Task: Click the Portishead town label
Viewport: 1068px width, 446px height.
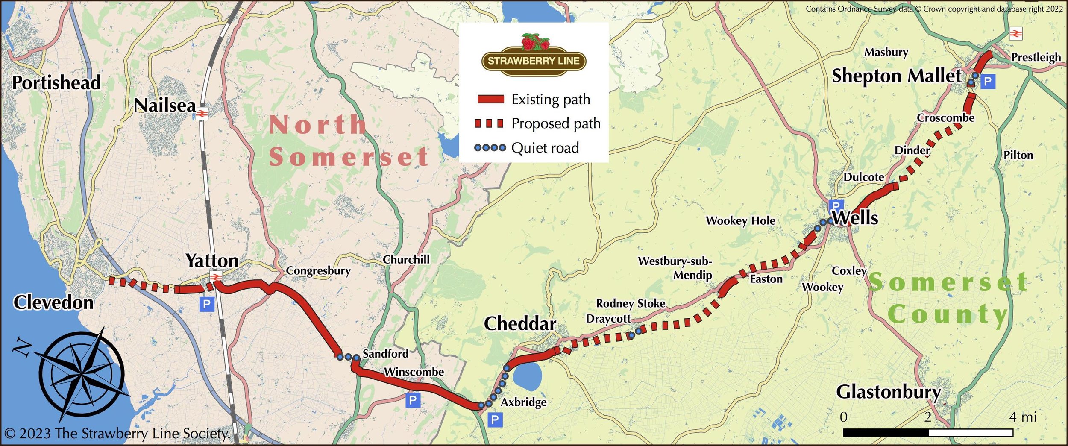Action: pos(56,82)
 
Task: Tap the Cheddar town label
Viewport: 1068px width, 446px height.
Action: pos(519,323)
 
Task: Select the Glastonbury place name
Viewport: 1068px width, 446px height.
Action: pos(888,392)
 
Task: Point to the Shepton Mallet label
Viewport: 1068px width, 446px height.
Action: pos(897,76)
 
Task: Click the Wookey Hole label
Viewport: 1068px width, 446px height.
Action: pos(740,220)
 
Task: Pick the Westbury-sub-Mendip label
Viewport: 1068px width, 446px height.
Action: pos(675,268)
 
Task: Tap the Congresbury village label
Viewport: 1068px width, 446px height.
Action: pos(318,270)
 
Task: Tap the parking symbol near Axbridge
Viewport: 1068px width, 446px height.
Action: pos(495,420)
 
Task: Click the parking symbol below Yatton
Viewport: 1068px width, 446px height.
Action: pos(206,304)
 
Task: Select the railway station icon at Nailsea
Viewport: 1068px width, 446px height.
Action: pos(202,114)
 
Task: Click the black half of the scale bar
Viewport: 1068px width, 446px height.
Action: pos(886,433)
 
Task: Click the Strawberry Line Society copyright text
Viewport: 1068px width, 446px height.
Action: pos(117,434)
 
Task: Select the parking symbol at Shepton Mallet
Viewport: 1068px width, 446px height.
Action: pos(987,81)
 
